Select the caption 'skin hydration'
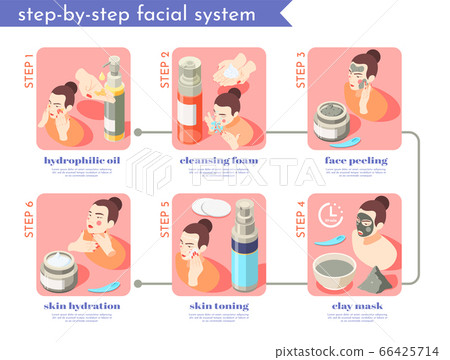(x=81, y=305)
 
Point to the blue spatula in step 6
(x=104, y=280)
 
